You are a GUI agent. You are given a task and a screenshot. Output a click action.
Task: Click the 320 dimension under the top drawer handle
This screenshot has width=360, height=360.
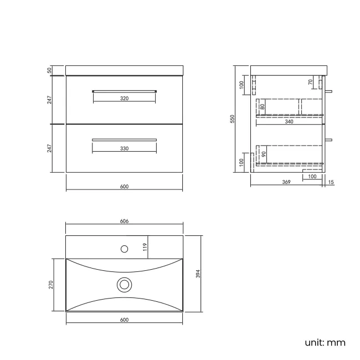pyautogui.click(x=124, y=99)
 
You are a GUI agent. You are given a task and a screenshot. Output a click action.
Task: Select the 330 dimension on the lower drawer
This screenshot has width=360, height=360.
pyautogui.click(x=124, y=148)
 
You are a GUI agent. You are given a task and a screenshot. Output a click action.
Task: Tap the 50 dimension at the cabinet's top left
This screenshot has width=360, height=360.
pyautogui.click(x=49, y=70)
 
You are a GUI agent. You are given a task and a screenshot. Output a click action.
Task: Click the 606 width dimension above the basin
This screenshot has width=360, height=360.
pyautogui.click(x=124, y=221)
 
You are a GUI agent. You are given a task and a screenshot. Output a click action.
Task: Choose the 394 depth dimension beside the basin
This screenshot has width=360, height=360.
pyautogui.click(x=198, y=273)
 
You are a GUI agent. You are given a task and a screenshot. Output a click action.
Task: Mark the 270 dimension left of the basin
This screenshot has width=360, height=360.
pyautogui.click(x=51, y=285)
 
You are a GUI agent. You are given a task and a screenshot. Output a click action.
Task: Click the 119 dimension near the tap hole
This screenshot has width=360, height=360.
pyautogui.click(x=145, y=247)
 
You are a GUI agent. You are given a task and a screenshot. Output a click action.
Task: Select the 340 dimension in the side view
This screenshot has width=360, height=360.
pyautogui.click(x=289, y=122)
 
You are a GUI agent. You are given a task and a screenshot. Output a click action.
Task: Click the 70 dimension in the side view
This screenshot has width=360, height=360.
pyautogui.click(x=311, y=82)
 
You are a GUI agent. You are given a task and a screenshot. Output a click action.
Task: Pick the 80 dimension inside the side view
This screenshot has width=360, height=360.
pyautogui.click(x=263, y=106)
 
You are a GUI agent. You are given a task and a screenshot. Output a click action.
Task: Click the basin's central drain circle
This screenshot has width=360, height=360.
pyautogui.click(x=124, y=285)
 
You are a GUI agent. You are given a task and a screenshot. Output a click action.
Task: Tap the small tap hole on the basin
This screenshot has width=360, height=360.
pyautogui.click(x=124, y=248)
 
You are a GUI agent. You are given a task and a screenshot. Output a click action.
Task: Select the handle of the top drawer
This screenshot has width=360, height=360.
pyautogui.click(x=124, y=90)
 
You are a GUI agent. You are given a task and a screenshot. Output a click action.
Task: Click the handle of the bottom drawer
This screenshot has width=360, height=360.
pyautogui.click(x=124, y=139)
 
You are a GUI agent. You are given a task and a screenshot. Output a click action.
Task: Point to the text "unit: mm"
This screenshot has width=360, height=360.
pyautogui.click(x=325, y=342)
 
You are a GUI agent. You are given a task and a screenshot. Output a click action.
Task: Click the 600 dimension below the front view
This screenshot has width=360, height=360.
pyautogui.click(x=124, y=187)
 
